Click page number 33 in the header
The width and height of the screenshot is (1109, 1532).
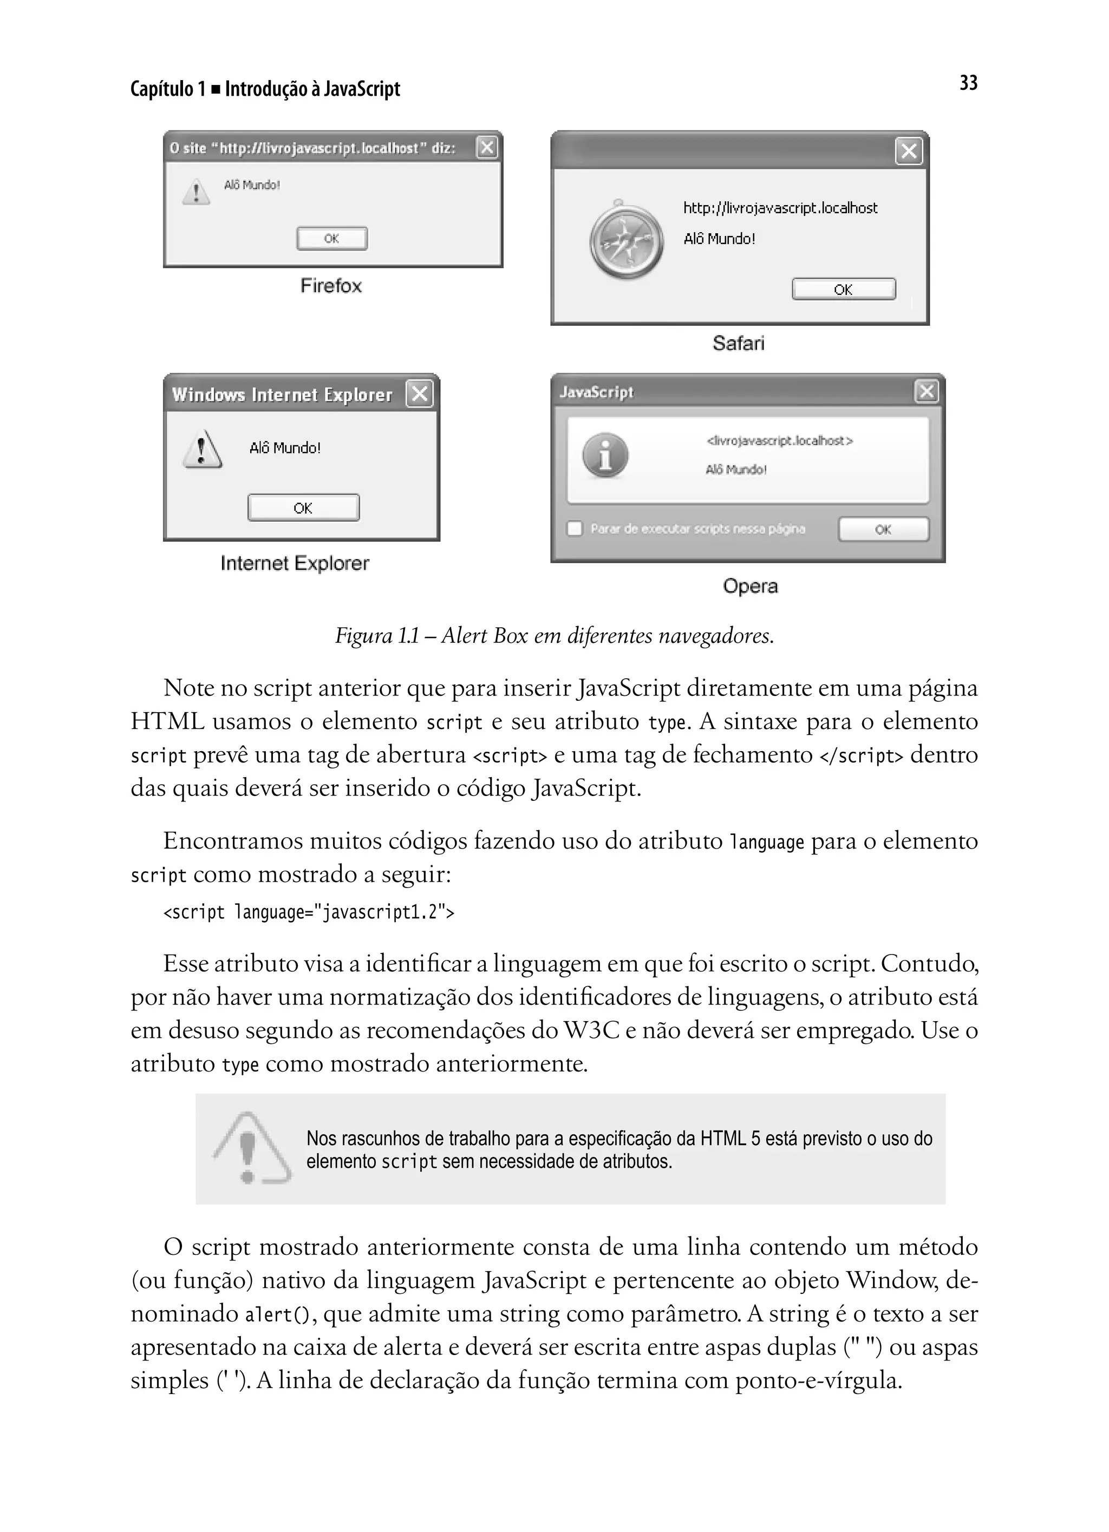click(968, 83)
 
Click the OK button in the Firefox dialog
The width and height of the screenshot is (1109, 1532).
click(331, 239)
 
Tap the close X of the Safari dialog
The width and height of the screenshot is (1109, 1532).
click(908, 152)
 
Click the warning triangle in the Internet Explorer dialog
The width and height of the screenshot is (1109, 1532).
click(201, 449)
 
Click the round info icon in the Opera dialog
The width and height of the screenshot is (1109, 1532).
click(605, 455)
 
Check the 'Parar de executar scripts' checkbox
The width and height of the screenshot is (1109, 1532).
click(575, 528)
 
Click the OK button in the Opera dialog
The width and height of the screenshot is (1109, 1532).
click(883, 529)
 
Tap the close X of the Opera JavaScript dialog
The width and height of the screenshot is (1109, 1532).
click(926, 391)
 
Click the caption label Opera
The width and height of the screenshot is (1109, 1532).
click(749, 586)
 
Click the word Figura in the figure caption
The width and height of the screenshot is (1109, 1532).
click(363, 636)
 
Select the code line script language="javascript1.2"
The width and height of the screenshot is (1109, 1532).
click(308, 912)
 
